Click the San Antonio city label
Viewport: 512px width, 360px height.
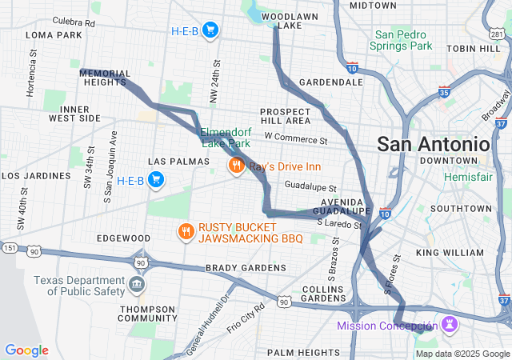[433, 144]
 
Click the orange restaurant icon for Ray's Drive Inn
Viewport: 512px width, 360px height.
[235, 166]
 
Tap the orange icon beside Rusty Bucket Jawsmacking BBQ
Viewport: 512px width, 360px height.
[186, 232]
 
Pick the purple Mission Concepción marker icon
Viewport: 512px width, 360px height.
[448, 325]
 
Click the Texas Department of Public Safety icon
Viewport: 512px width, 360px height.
[137, 284]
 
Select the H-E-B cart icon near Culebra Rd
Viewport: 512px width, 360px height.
[210, 30]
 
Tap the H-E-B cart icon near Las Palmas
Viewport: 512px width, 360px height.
[156, 180]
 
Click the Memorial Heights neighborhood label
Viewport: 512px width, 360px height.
[105, 78]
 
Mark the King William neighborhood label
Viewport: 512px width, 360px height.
[450, 252]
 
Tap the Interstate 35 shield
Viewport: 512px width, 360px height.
[444, 94]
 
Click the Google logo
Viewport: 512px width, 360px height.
[26, 350]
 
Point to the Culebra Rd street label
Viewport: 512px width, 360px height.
[73, 22]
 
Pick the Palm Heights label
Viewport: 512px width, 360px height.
[302, 352]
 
